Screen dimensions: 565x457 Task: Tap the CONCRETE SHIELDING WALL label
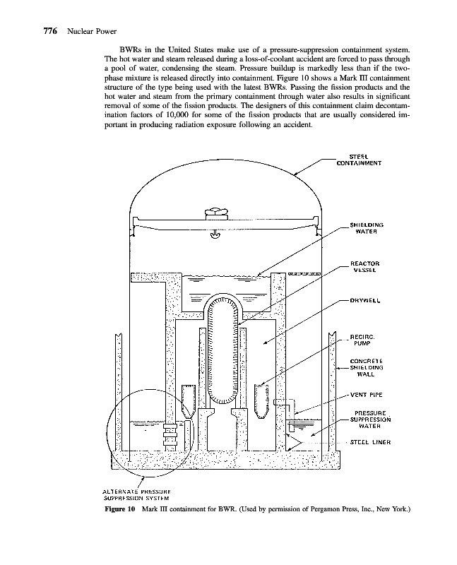(366, 367)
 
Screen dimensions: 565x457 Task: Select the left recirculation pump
(188, 399)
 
